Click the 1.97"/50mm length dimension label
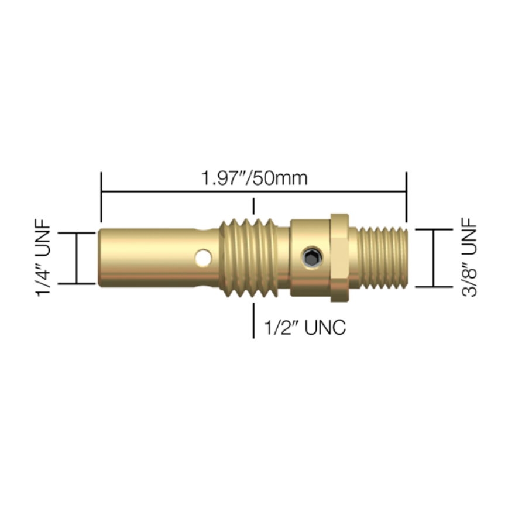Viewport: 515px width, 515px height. click(254, 177)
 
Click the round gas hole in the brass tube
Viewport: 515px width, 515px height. click(204, 256)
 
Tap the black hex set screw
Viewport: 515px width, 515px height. click(311, 256)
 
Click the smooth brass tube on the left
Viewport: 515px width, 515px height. click(146, 257)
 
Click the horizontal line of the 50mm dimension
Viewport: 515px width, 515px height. click(176, 191)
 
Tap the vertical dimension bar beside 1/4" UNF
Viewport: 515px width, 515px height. click(77, 258)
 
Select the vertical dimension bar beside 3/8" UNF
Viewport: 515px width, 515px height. click(434, 258)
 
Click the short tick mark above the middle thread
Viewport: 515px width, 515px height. click(253, 206)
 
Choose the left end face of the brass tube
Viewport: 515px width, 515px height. click(99, 257)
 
